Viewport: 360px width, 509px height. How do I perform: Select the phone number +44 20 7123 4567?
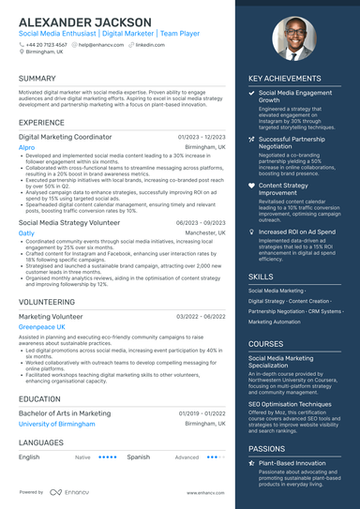click(x=46, y=44)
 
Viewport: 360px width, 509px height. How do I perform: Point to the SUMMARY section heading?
click(x=37, y=79)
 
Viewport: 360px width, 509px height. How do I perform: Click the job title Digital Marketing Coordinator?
click(x=65, y=137)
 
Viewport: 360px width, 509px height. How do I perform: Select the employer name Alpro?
click(x=26, y=148)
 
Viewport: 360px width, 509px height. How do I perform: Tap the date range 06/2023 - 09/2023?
click(x=201, y=222)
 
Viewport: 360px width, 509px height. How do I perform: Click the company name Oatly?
click(x=26, y=233)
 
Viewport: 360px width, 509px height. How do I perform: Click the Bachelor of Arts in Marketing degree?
click(x=65, y=412)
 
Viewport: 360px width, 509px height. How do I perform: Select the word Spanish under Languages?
click(x=138, y=457)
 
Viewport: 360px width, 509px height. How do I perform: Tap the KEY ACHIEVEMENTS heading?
click(x=285, y=79)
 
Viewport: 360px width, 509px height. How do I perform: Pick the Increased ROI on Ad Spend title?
click(x=297, y=232)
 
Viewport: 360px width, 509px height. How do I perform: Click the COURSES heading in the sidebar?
click(x=266, y=344)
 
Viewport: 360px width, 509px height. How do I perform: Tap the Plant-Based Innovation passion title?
click(x=292, y=462)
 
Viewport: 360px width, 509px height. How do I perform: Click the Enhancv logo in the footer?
click(x=70, y=491)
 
